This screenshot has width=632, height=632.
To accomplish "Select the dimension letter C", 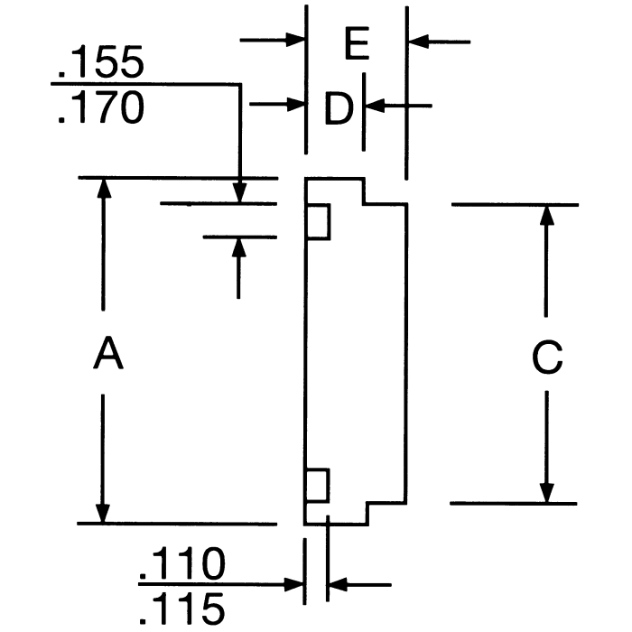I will click(546, 358).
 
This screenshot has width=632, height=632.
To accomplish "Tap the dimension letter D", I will click(337, 110).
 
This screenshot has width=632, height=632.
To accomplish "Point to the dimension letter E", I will click(358, 43).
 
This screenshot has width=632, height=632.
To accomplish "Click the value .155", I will click(99, 64).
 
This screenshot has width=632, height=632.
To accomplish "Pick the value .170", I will click(99, 109).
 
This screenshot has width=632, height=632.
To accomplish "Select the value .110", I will click(181, 566).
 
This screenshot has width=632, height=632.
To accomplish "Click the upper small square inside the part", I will click(317, 222).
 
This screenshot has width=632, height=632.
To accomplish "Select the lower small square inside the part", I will click(317, 486).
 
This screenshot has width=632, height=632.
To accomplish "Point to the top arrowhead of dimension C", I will click(546, 216).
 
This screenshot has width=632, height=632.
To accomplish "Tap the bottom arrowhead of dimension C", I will click(546, 492).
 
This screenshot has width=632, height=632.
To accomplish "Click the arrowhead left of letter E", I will click(295, 41).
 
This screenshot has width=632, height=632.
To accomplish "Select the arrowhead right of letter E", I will click(418, 41).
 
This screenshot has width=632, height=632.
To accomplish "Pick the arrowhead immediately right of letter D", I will click(375, 106).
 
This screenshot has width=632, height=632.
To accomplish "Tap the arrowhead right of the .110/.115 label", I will click(337, 584).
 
